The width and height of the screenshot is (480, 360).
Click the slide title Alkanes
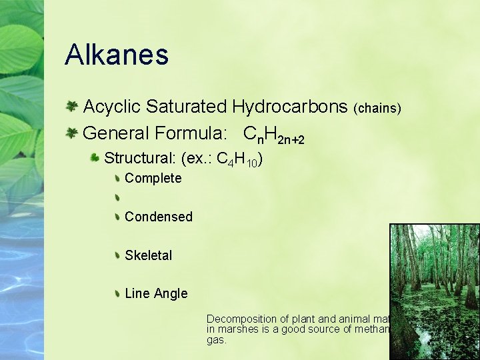coord(117,55)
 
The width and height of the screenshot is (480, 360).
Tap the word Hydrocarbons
coord(290,107)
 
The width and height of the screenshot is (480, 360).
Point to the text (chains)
coord(377,109)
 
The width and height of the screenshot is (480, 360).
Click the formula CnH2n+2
coord(274,136)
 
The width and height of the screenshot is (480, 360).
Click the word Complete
coord(153,178)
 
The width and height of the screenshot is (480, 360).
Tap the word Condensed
coord(158,217)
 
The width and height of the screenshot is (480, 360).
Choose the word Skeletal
coord(148,255)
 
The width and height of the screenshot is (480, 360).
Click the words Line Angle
coord(156,294)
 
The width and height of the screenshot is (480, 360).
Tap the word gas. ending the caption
coord(216,340)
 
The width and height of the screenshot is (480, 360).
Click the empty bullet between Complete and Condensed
coord(117,197)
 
